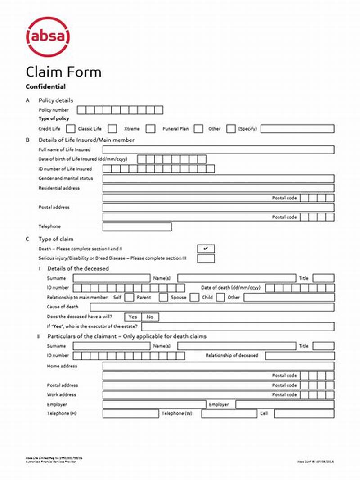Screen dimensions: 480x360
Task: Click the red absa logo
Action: pos(48,37)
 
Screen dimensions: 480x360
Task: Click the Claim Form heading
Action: pos(63,72)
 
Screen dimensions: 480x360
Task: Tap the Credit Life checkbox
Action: pos(71,129)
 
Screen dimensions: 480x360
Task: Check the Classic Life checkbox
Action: pos(112,129)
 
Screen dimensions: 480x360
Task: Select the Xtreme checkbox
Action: pos(151,129)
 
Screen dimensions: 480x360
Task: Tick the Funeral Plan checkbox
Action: pos(198,129)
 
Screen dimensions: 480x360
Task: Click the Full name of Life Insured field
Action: pos(218,149)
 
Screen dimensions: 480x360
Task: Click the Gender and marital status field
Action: pos(218,179)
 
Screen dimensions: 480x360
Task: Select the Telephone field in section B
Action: pos(137,226)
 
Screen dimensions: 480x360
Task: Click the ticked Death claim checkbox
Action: pos(206,249)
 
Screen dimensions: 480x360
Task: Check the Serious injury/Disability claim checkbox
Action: pos(206,258)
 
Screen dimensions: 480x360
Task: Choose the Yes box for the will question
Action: pos(133,317)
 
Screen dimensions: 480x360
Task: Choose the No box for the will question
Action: pos(150,317)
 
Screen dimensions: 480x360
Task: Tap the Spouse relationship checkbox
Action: pos(194,297)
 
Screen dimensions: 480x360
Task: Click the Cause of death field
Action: pos(218,307)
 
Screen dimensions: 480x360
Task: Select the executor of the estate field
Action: pos(238,326)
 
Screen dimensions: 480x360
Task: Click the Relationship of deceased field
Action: pos(300,356)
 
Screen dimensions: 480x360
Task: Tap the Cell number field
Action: pos(304,413)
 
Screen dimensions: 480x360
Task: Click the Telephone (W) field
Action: pos(229,413)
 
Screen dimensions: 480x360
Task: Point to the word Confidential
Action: pos(45,86)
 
